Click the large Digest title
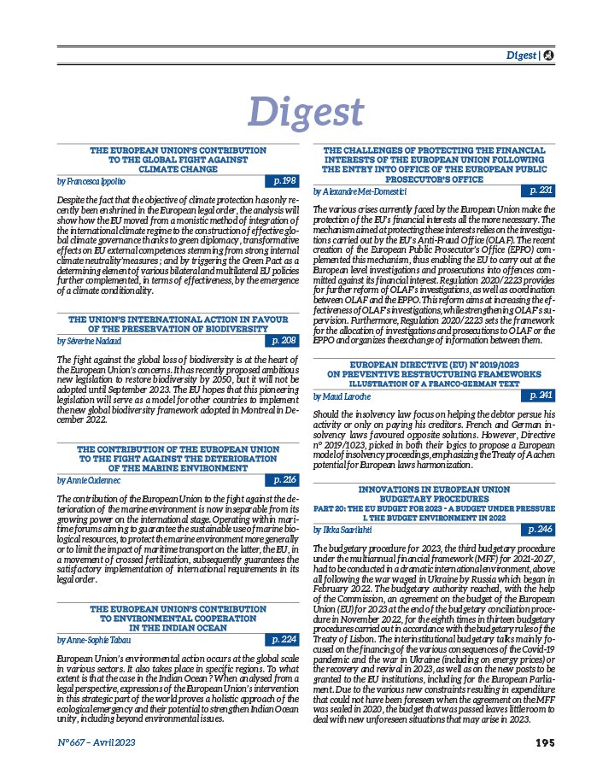click(x=305, y=112)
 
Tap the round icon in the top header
click(x=547, y=56)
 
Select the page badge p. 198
click(x=281, y=181)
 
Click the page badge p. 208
click(x=281, y=341)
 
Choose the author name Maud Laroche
click(x=342, y=396)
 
